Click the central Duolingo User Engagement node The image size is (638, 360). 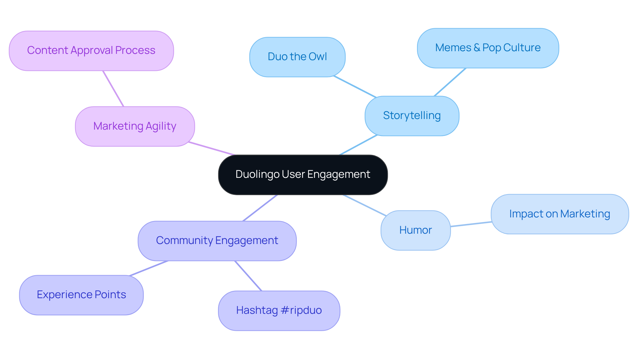coord(303,175)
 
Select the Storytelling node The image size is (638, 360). coord(412,116)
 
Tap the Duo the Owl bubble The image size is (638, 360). coord(297,57)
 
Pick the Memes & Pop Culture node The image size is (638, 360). coord(488,48)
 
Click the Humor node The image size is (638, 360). coord(415,230)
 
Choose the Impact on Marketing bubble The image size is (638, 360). coord(560,214)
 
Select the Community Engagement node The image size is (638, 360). coord(217,241)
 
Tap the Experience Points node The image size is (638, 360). coord(81,295)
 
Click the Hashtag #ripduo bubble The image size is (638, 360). coord(279,310)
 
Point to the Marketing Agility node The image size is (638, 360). coord(135,126)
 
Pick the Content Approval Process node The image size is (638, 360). coord(91,51)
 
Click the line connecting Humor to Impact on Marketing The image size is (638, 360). coord(471,224)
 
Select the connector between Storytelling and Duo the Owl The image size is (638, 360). coord(355,87)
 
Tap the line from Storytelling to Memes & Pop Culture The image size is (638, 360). coord(450,82)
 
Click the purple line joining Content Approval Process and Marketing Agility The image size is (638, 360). coord(113,89)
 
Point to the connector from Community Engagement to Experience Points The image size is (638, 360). coord(149,268)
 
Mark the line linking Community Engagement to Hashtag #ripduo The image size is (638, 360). coord(248,276)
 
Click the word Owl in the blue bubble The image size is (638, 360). coord(317,57)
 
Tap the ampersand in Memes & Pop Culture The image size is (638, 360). coord(477,48)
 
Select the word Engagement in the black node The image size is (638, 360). coord(338,175)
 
